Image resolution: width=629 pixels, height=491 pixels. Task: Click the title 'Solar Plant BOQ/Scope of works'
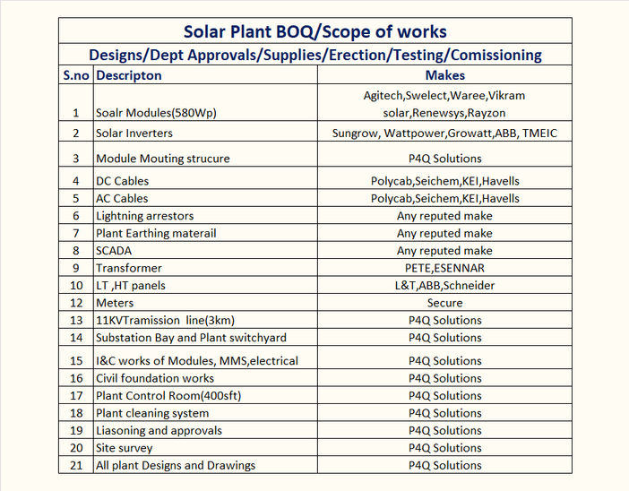314,31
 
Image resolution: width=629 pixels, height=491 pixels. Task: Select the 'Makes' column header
444,75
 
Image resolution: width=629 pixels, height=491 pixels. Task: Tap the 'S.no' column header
76,75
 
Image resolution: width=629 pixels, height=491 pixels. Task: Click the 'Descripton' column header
129,75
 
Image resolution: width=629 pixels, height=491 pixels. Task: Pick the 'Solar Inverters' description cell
134,133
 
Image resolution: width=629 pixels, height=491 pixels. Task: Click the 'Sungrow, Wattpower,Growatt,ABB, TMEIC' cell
444,133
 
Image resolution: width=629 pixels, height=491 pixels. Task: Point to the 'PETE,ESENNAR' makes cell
444,268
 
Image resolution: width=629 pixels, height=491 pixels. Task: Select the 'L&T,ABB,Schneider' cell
444,286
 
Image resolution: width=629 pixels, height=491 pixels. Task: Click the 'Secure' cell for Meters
444,303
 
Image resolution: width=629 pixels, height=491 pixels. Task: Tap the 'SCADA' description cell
115,251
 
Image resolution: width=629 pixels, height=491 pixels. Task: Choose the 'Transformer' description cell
129,268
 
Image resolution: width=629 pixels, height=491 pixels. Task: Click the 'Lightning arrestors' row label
144,216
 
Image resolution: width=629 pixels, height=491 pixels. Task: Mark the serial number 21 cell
76,465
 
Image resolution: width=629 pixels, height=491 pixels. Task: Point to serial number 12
76,303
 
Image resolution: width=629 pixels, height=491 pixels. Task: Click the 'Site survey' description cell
125,448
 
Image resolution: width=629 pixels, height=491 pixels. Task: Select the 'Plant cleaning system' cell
152,413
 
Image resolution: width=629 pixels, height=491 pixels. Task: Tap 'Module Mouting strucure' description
162,159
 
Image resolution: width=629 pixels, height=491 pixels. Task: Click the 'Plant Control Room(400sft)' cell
168,395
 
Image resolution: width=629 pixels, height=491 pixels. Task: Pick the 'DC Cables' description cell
122,181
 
